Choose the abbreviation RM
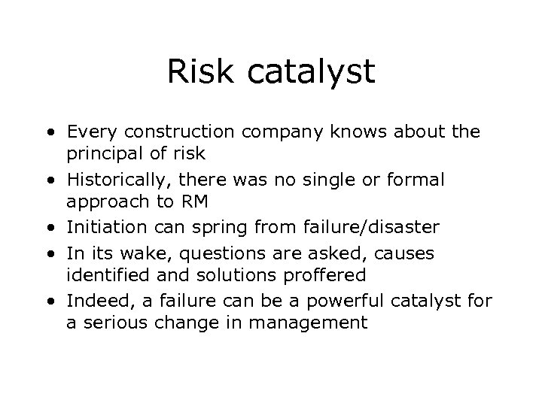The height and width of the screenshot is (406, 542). point(193,202)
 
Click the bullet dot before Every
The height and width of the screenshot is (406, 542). point(49,134)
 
